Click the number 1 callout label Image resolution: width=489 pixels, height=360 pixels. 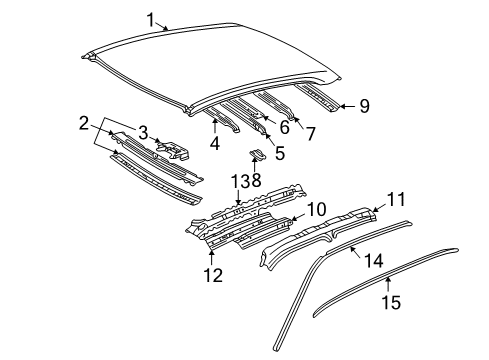coord(151,19)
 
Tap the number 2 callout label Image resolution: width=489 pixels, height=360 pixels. coord(85,123)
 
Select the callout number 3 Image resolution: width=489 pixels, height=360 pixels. coord(143,132)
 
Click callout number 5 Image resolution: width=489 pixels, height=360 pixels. coord(280,154)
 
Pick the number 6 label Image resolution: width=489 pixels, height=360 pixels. coord(283,127)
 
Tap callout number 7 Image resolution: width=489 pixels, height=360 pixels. coord(309,133)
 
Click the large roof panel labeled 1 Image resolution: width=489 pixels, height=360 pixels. coord(220,60)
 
